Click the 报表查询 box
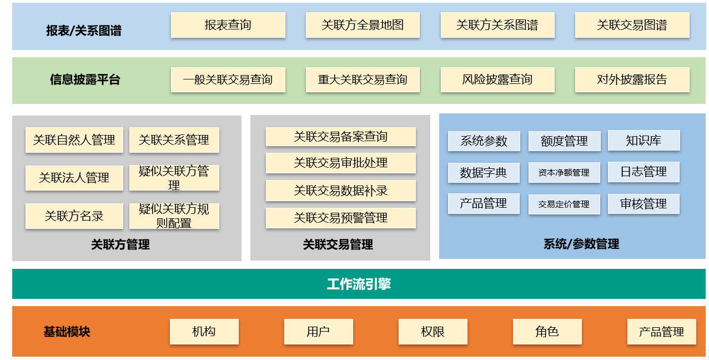click(x=228, y=25)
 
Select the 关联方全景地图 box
click(x=363, y=25)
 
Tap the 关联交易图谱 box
click(x=632, y=25)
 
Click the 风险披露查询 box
click(x=497, y=79)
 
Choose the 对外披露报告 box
click(x=632, y=79)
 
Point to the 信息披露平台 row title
click(x=85, y=79)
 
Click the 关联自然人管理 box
click(x=74, y=140)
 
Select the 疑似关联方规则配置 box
click(x=174, y=216)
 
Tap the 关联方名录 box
click(x=74, y=216)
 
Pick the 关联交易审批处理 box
click(x=340, y=163)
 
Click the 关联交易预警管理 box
click(x=340, y=218)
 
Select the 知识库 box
click(x=643, y=141)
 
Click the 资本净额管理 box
click(x=564, y=173)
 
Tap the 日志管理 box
click(x=643, y=172)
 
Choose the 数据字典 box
click(x=483, y=172)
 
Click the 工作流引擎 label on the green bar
click(x=359, y=284)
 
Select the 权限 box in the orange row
click(x=433, y=332)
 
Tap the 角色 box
click(x=547, y=332)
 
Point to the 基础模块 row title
click(x=67, y=332)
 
